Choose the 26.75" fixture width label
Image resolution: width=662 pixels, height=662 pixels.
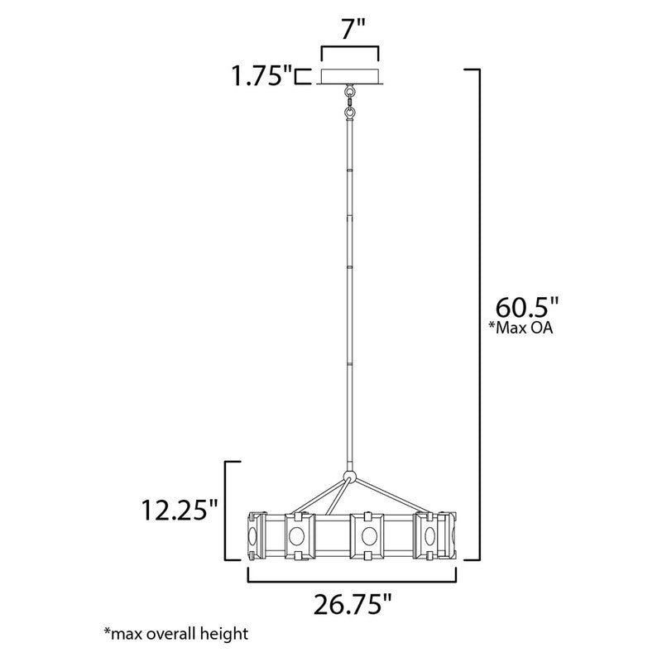[x=353, y=606]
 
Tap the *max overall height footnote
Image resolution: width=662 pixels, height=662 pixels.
[x=175, y=635]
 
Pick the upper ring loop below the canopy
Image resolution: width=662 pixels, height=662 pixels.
[x=350, y=93]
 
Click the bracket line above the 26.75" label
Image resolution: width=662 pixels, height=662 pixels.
[x=353, y=582]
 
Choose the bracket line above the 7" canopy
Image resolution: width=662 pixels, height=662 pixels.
[x=350, y=52]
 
